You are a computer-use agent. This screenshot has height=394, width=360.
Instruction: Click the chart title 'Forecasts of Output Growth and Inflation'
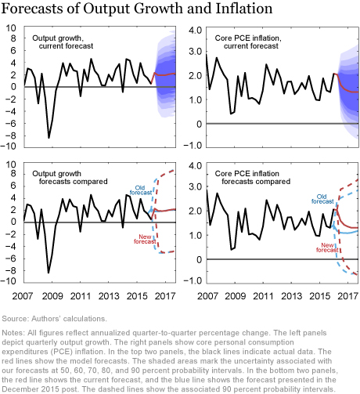tap(136, 9)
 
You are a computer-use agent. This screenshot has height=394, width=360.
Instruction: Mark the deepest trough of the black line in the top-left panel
tap(49, 137)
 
